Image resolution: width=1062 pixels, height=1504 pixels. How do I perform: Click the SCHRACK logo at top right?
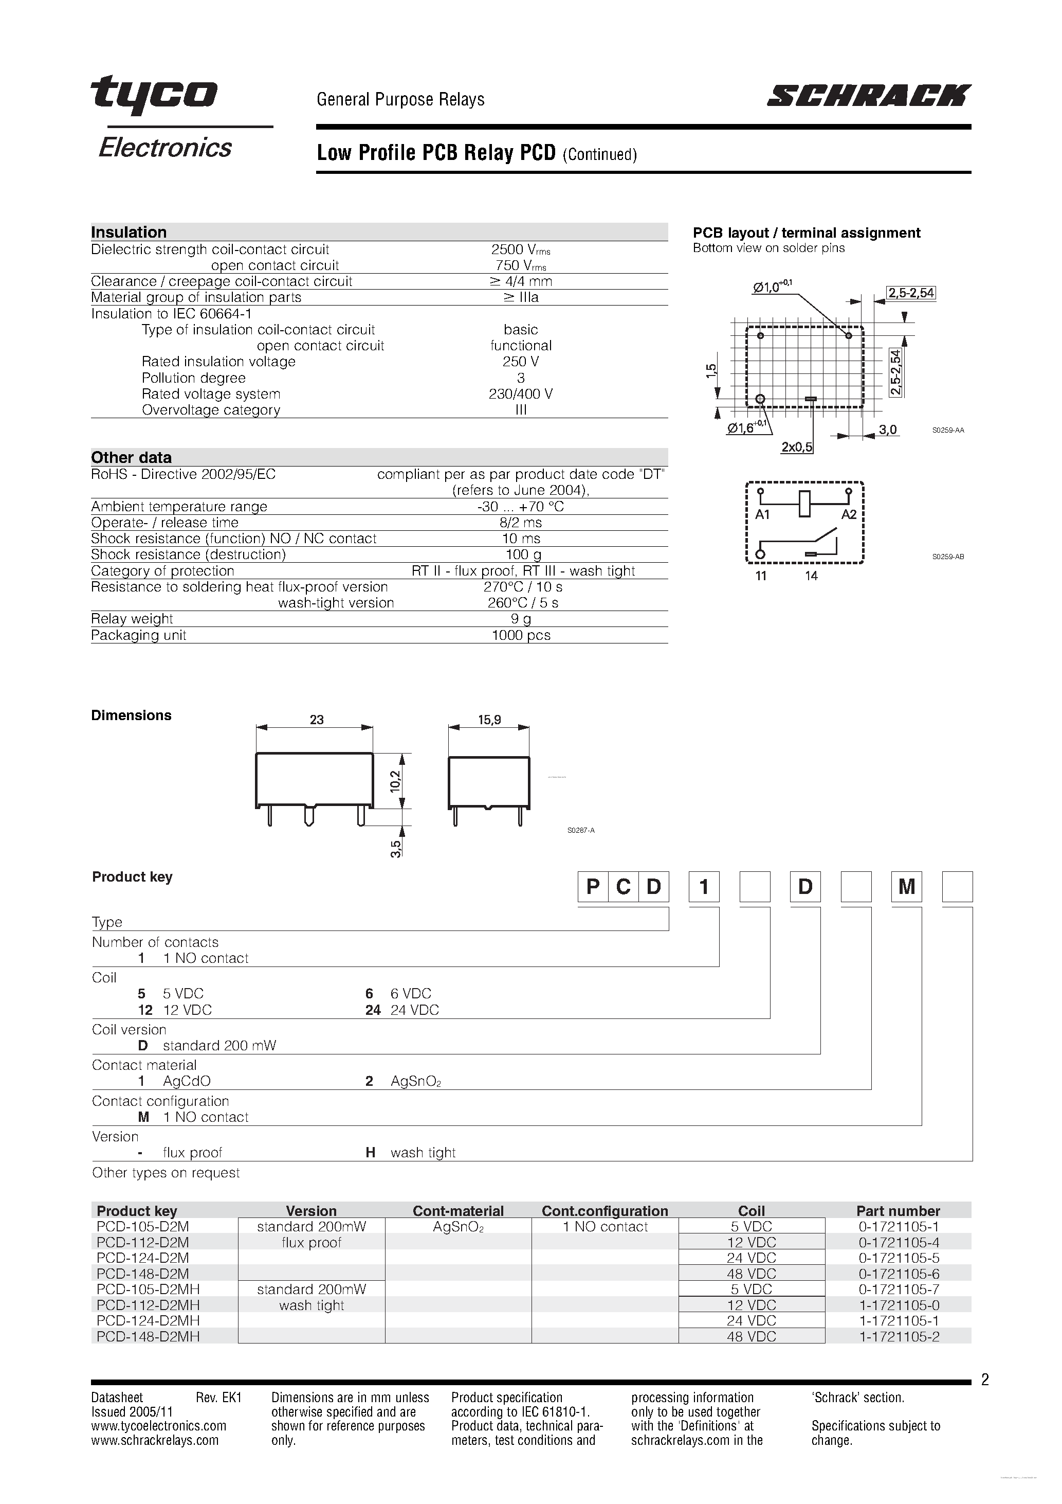(868, 96)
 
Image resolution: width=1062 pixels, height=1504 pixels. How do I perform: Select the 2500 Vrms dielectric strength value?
(521, 249)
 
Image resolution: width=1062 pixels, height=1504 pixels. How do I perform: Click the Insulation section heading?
(129, 232)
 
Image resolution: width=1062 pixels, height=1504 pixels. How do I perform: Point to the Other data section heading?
(131, 457)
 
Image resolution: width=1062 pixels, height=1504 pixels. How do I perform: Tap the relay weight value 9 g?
(521, 619)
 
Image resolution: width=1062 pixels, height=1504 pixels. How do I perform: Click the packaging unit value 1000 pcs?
(521, 635)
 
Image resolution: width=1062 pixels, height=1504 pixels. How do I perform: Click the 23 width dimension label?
(316, 719)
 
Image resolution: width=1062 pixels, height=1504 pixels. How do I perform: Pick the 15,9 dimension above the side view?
(489, 719)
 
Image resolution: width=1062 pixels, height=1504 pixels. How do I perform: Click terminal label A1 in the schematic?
(762, 515)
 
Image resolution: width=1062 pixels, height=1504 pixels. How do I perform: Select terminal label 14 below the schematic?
(811, 576)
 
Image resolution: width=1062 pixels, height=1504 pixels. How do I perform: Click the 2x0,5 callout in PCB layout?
(796, 447)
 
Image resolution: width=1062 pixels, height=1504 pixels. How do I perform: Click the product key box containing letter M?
(906, 887)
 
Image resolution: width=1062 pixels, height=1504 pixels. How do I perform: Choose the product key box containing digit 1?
(704, 887)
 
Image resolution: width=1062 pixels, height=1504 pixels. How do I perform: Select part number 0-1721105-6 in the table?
(899, 1274)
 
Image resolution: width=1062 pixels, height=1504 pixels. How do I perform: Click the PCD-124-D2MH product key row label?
(148, 1320)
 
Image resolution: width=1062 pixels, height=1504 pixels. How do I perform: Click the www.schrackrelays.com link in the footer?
(155, 1440)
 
